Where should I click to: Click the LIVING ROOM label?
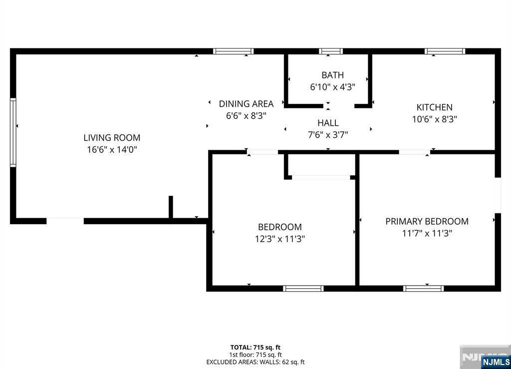tap(112, 137)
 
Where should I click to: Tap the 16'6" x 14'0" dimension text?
tap(112, 150)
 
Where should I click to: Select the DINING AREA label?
tap(246, 104)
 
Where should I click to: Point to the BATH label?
tap(332, 75)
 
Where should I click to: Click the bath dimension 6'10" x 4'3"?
tap(332, 87)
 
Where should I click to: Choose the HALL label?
tap(328, 123)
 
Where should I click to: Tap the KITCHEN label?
tap(435, 107)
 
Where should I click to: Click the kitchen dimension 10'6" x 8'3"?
tap(435, 119)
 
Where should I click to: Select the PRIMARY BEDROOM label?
tap(427, 221)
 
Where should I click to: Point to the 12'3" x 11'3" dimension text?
tap(279, 239)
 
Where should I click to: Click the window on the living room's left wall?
tap(13, 133)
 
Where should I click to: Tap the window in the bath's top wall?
tap(330, 51)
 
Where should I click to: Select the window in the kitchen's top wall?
tap(445, 51)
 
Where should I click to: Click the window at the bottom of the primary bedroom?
tap(423, 289)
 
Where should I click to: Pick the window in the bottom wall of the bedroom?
tap(303, 289)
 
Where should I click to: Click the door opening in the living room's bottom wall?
tap(65, 221)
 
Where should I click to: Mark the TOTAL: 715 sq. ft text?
tap(255, 348)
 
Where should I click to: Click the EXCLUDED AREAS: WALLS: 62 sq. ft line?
tap(255, 362)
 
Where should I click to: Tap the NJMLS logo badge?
tap(496, 362)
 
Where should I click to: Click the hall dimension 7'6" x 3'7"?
tap(328, 135)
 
